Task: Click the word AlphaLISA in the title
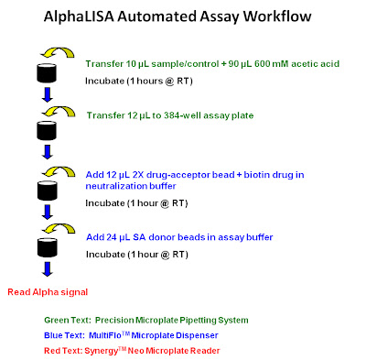pos(79,16)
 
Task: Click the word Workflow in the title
pos(277,16)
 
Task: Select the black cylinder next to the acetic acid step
pos(47,73)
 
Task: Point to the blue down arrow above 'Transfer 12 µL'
pos(48,94)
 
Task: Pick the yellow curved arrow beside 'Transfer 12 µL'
pos(59,112)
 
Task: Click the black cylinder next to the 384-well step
pos(47,130)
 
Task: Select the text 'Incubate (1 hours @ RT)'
pos(139,81)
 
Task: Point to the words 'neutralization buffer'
pos(131,186)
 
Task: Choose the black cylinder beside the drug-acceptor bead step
pos(47,191)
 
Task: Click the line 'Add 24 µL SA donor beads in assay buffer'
pos(179,237)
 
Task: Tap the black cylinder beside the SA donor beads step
pos(47,247)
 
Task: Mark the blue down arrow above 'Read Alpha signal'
pos(48,269)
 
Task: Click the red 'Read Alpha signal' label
pos(48,292)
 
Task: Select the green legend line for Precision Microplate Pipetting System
pos(146,321)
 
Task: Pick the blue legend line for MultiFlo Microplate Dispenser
pos(131,335)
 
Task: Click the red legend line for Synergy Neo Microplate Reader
pos(132,350)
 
